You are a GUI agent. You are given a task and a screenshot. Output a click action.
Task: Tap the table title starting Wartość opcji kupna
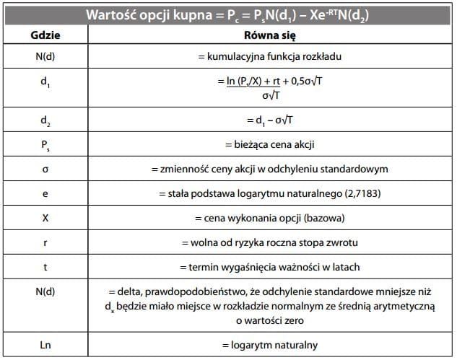click(x=228, y=14)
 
